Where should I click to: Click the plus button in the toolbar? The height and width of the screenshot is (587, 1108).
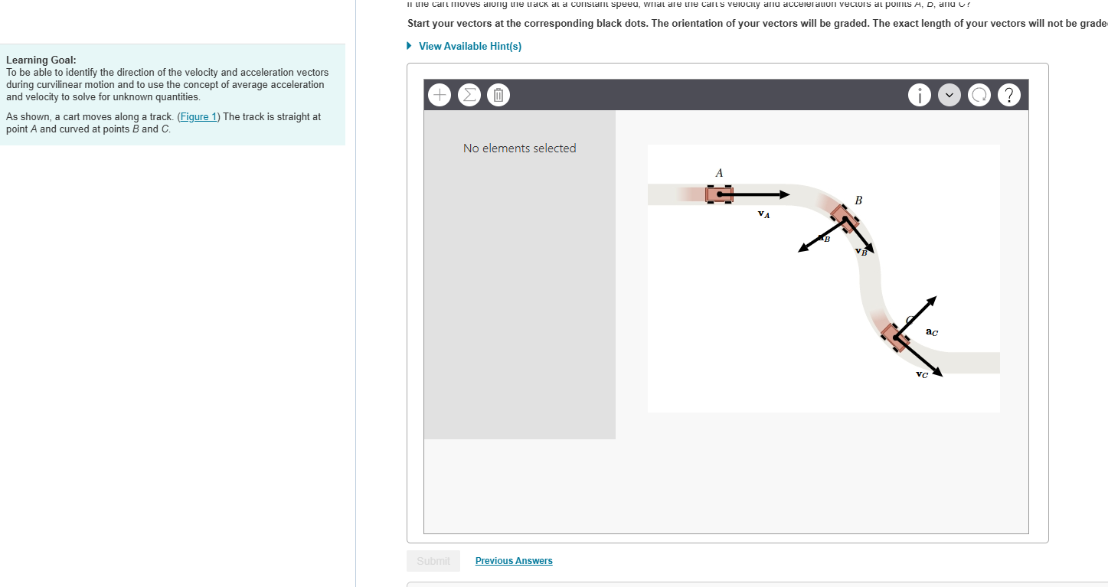coord(440,95)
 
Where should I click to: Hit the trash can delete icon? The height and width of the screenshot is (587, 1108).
coord(498,95)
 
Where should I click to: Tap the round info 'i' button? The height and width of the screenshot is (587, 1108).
coord(919,95)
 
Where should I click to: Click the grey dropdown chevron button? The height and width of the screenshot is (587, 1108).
coord(949,95)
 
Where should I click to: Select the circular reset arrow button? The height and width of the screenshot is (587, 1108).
coord(979,95)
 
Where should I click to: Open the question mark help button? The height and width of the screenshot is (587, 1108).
coord(1010,95)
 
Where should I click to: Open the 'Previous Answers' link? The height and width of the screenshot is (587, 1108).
coord(514,561)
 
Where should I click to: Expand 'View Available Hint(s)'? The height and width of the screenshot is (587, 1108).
coord(469,47)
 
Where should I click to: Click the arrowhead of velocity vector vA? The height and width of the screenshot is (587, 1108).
coord(786,194)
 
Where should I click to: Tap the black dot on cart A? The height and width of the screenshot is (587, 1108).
coord(719,194)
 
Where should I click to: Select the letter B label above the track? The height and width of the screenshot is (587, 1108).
coord(858,201)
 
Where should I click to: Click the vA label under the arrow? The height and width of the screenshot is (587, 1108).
coord(763,214)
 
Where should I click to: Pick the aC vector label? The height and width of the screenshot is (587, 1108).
coord(931,332)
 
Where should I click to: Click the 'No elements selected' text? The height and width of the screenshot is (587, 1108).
coord(519,148)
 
